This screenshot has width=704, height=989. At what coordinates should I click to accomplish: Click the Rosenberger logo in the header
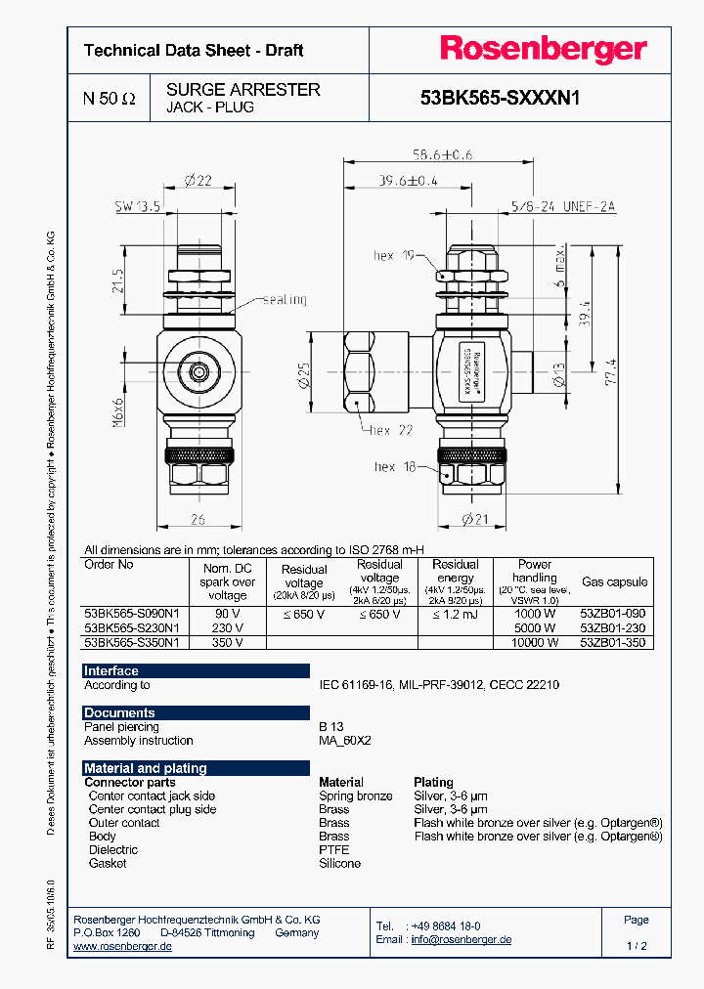click(543, 50)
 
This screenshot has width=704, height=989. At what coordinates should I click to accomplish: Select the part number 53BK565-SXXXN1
click(500, 98)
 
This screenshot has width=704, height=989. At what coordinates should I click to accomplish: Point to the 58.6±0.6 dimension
click(440, 154)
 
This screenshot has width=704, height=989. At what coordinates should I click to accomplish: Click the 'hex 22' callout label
click(392, 430)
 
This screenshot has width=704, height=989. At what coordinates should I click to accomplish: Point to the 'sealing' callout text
click(284, 300)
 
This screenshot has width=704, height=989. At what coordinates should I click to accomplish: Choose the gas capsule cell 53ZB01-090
click(613, 614)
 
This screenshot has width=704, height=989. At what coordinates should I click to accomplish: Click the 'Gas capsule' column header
click(614, 581)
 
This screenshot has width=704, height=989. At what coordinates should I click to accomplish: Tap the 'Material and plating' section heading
click(146, 768)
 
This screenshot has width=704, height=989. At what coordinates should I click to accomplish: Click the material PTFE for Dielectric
click(333, 850)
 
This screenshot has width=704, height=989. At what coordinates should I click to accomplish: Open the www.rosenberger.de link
click(123, 947)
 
